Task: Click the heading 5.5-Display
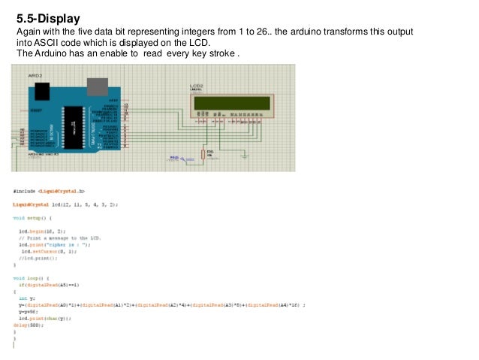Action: pyautogui.click(x=48, y=16)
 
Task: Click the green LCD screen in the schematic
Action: pyautogui.click(x=231, y=102)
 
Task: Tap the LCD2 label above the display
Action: pyautogui.click(x=197, y=86)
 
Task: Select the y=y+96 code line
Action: pyautogui.click(x=28, y=312)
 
